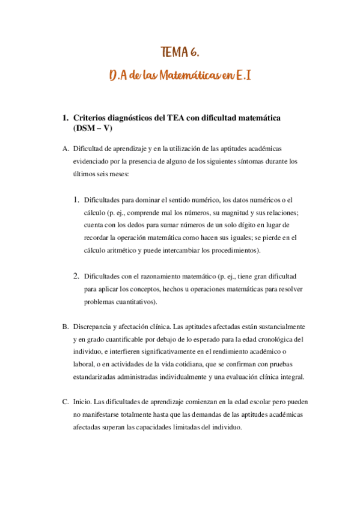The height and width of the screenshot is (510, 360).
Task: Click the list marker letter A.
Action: (x=66, y=148)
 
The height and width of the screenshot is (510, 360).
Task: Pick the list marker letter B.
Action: (x=66, y=326)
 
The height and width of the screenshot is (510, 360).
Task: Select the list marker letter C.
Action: (x=66, y=401)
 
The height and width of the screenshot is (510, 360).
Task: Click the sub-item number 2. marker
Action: (x=76, y=275)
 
